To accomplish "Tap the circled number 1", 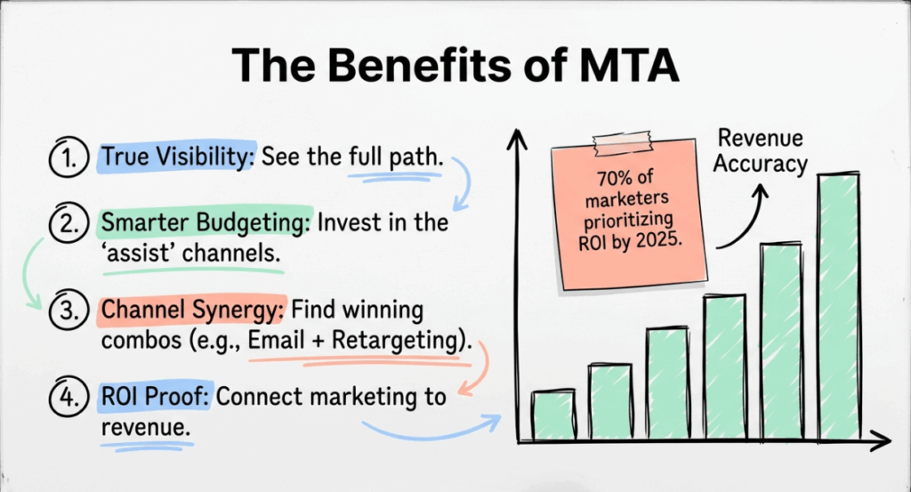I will pos(67,157).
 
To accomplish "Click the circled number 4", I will pos(67,396).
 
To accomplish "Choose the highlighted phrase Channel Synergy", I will pos(192,311).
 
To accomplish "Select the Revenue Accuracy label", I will pos(762,151).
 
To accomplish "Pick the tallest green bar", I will pos(837,307).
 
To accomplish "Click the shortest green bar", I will pos(552,415).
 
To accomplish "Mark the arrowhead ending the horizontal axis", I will pos(883,439).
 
